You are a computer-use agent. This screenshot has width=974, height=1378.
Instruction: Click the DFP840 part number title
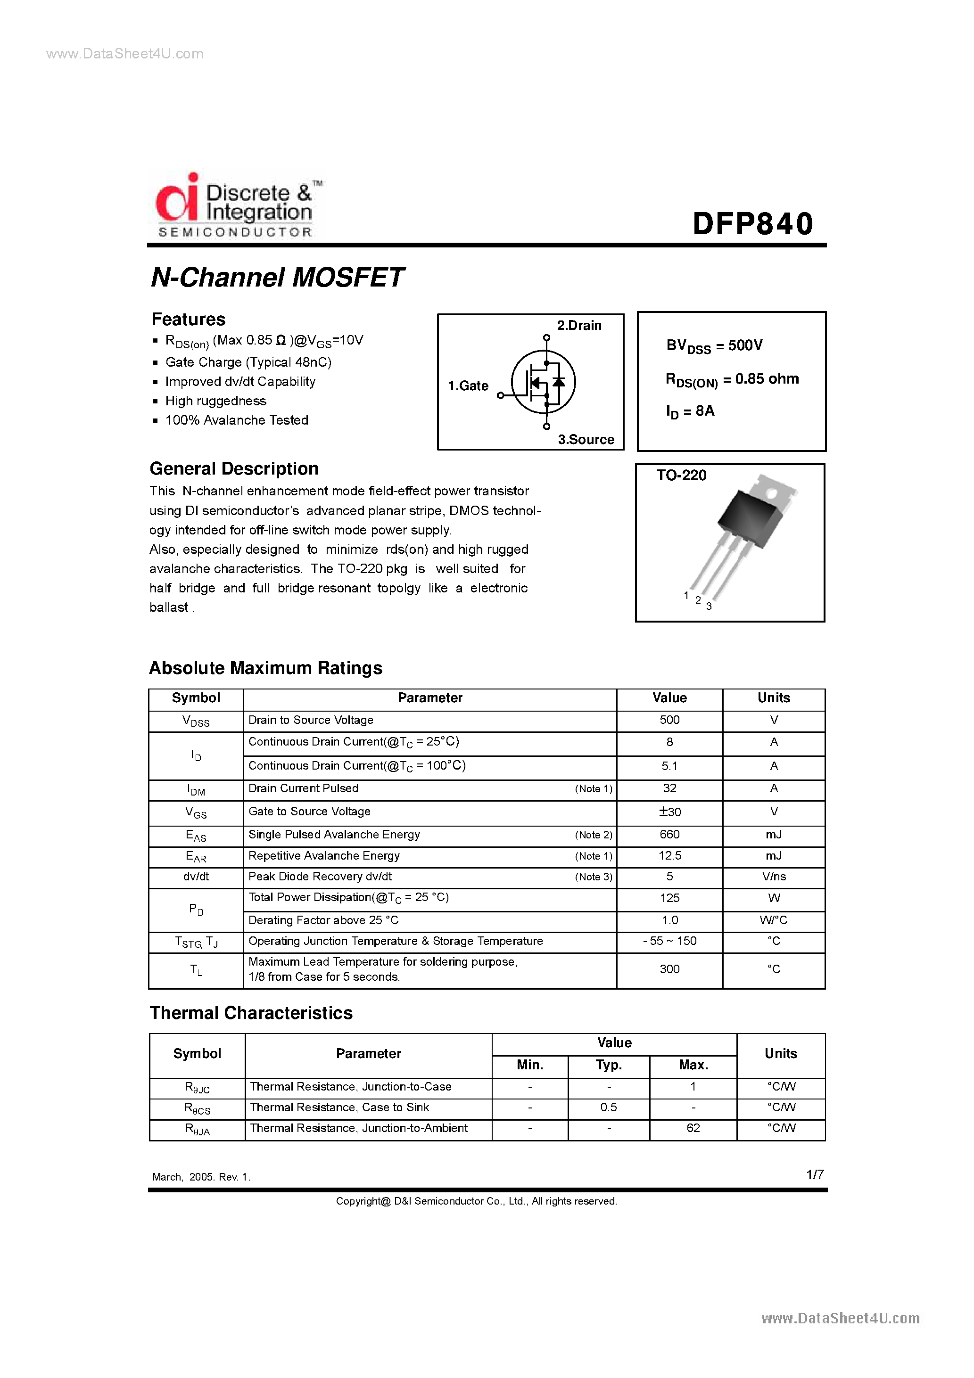pos(752,223)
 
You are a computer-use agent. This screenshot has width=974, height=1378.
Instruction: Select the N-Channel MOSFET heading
pos(277,277)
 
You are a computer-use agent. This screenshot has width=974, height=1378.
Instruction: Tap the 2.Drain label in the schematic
pos(579,325)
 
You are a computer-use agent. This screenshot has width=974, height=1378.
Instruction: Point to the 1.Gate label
pos(468,386)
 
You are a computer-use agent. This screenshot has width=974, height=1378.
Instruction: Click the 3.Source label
pos(586,439)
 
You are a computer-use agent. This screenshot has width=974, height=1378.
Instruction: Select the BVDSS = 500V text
pos(714,346)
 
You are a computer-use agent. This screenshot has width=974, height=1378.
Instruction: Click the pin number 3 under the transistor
pos(709,606)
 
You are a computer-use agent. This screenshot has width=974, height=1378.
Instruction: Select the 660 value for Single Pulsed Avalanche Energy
pos(669,834)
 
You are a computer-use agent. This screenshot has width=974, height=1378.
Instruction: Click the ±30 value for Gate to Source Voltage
pos(669,812)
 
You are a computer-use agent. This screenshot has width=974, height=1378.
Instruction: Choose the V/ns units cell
pos(774,876)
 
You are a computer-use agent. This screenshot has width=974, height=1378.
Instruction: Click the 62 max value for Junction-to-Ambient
pos(693,1128)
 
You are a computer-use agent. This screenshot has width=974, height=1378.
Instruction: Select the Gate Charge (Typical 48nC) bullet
pos(248,362)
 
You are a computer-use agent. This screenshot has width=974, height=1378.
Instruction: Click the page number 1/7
pos(814,1174)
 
